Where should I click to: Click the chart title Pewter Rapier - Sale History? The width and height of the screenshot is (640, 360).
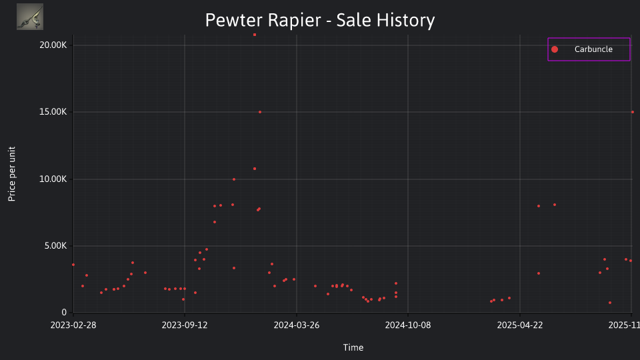(x=320, y=20)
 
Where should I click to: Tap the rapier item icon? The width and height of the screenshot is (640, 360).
(x=30, y=17)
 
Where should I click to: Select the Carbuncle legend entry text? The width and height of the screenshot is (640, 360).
(x=593, y=49)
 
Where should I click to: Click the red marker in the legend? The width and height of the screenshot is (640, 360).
(x=555, y=49)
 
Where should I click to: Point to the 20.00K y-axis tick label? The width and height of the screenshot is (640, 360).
(x=53, y=45)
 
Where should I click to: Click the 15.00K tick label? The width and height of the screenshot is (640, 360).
(x=53, y=112)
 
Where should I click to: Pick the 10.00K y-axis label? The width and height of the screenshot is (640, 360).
(x=53, y=179)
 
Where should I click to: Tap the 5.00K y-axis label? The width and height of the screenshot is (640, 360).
(x=55, y=246)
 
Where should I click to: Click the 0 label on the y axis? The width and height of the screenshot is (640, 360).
(x=64, y=312)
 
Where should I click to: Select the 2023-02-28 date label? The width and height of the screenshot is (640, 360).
(x=73, y=325)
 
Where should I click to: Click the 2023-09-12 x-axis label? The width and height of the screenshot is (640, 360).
(x=185, y=325)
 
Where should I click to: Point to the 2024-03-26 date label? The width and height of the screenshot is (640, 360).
(x=296, y=325)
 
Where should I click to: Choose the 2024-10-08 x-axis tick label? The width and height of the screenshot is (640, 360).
(x=408, y=325)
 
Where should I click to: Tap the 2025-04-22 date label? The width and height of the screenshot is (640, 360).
(x=520, y=325)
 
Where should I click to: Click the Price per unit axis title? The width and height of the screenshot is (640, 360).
(x=12, y=174)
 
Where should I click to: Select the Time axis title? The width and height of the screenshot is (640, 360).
(x=353, y=347)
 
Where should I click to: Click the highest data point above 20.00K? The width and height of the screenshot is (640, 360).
(x=255, y=35)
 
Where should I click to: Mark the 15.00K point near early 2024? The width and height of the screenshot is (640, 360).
(x=260, y=112)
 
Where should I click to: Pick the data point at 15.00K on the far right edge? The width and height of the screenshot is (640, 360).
(x=633, y=112)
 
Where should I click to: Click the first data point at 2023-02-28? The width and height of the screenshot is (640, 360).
(x=73, y=265)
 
